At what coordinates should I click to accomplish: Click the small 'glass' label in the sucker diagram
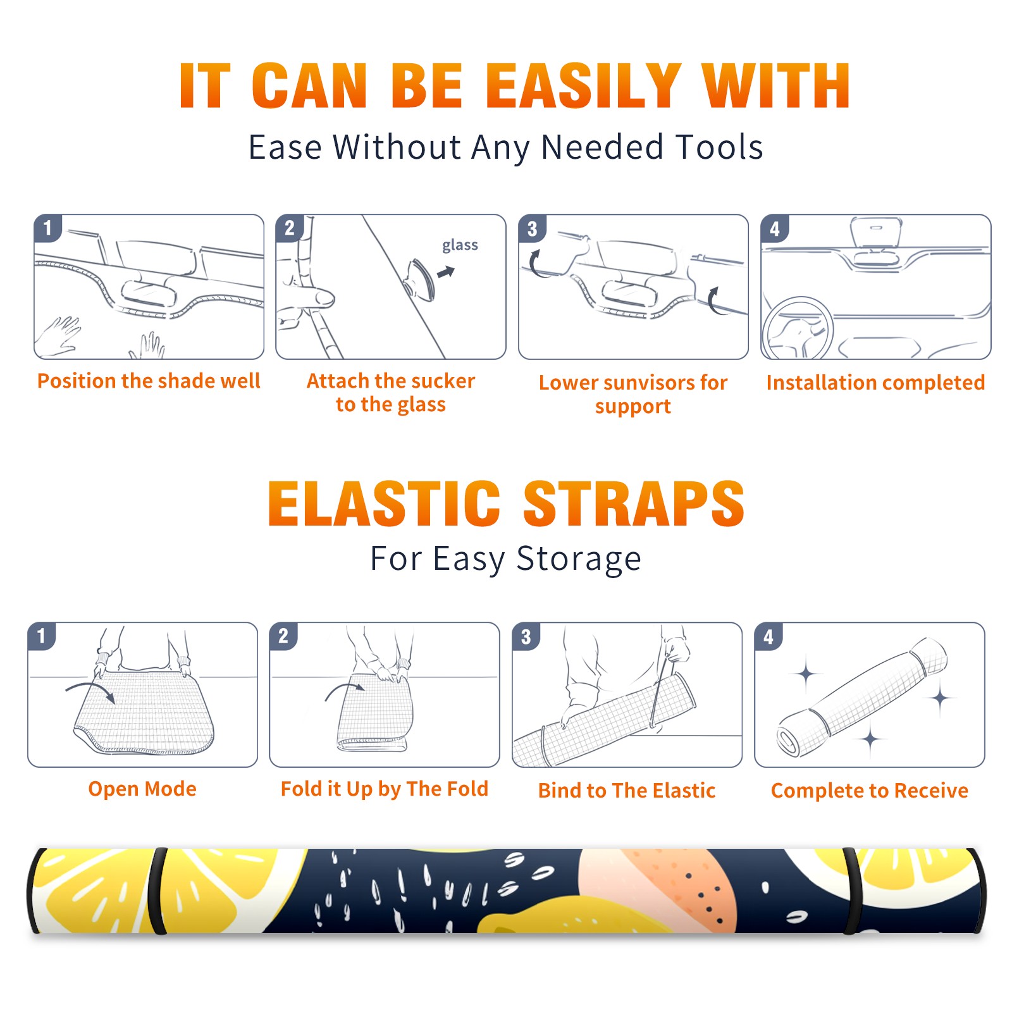point(460,245)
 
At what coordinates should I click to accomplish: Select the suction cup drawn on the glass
point(420,279)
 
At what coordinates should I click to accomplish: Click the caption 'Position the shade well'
point(149,381)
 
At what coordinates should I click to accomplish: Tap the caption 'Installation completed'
point(875,383)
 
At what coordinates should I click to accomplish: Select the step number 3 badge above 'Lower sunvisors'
point(532,229)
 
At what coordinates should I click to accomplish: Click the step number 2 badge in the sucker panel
point(289,228)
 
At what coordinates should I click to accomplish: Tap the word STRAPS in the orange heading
point(634,503)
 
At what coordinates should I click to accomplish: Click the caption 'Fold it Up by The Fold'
point(385,789)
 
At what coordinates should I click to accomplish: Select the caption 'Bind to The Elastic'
point(627,791)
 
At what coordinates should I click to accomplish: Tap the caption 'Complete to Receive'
point(870,791)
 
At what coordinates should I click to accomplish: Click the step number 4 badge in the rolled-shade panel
point(768,636)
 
